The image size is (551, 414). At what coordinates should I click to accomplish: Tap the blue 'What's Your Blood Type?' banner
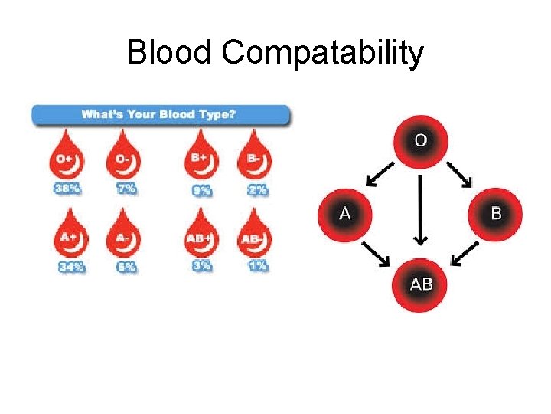click(160, 116)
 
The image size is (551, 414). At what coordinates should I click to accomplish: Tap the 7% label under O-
click(127, 189)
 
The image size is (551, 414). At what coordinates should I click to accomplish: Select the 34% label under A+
click(69, 267)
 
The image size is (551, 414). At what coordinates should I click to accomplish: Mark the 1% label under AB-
click(257, 266)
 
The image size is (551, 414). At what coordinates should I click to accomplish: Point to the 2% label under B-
click(257, 189)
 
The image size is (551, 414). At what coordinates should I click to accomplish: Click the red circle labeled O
click(420, 140)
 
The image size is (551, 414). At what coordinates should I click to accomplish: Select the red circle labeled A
click(345, 212)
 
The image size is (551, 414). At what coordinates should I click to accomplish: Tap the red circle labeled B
click(496, 212)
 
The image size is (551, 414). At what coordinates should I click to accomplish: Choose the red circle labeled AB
click(421, 285)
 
